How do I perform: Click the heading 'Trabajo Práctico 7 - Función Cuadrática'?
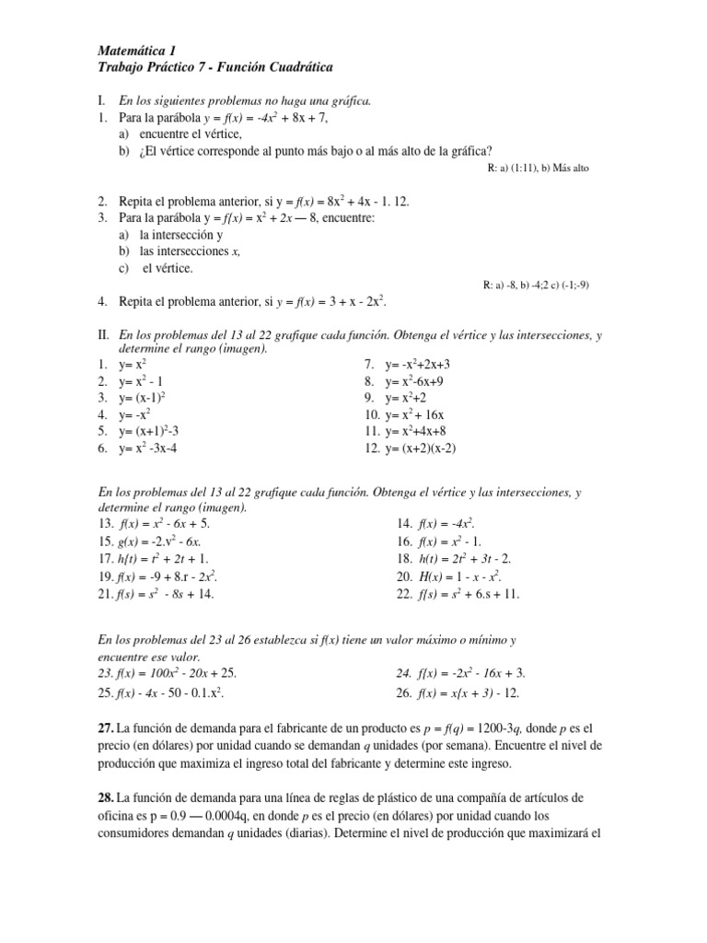(214, 68)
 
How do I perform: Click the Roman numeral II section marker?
(102, 334)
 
